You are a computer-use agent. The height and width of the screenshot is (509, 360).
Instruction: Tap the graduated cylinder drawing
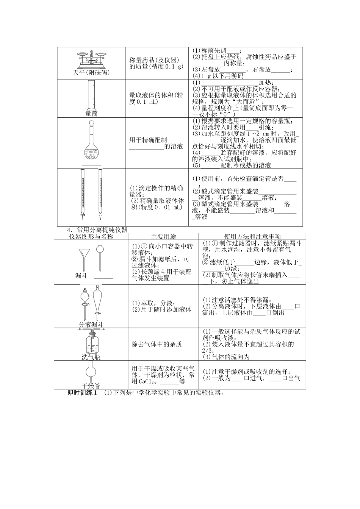coord(91,95)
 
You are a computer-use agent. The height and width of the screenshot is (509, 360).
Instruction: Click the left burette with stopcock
coord(83,193)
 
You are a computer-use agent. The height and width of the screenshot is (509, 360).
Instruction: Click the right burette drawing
coord(100,193)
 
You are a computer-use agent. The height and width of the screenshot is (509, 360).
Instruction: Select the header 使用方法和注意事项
coord(252,236)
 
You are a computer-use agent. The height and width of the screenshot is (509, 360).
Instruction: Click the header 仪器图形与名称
coord(91,236)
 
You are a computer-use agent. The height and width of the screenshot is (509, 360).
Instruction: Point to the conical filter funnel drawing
coord(85,258)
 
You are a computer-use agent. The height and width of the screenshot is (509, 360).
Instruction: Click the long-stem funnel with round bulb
coord(100,258)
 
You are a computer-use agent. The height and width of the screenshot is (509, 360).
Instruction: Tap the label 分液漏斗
coord(91,325)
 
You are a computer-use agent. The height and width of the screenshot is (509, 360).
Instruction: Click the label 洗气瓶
coord(91,357)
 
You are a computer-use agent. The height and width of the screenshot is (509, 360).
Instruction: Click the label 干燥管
coord(91,386)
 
